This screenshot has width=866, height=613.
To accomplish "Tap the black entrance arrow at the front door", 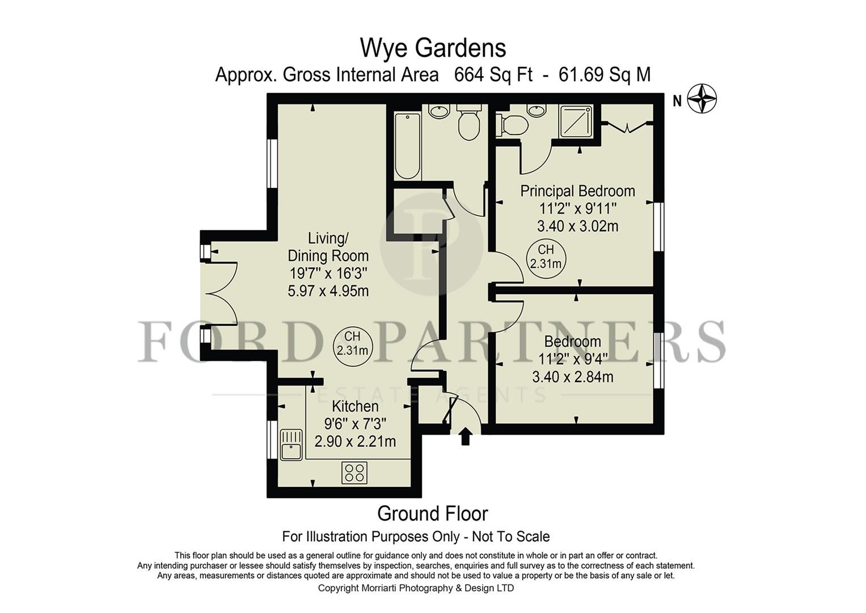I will click(x=466, y=436).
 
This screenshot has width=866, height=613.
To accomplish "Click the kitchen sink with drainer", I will click(x=290, y=444).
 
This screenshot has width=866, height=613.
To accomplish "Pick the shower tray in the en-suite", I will click(x=576, y=121).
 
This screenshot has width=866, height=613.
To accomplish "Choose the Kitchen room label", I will click(x=355, y=406).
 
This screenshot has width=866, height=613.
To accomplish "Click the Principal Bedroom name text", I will click(x=577, y=191).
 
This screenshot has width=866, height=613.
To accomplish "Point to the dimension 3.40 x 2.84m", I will click(x=573, y=377).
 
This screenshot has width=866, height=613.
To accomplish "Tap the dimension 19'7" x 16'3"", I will click(x=328, y=273).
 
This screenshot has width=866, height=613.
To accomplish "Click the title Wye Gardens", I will click(x=433, y=48).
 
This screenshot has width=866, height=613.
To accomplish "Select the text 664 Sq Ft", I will click(x=493, y=74).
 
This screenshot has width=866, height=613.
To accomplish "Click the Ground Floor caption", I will click(x=432, y=514).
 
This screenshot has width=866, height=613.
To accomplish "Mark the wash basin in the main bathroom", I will click(x=438, y=111).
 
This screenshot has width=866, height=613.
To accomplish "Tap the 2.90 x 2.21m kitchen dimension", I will click(x=355, y=441).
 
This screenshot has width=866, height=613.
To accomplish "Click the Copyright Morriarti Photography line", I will click(x=416, y=588).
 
